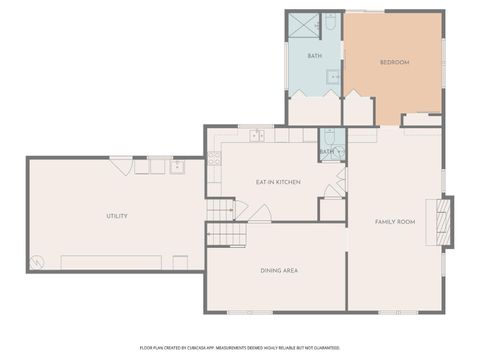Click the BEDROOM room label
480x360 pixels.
coord(394,63)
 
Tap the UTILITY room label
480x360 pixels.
coord(117,216)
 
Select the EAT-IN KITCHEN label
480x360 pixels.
coord(278,182)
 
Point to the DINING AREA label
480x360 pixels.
coord(278,270)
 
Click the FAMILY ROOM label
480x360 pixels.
coord(394,221)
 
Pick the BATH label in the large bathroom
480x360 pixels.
coord(314,56)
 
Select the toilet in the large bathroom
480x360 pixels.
coord(331,22)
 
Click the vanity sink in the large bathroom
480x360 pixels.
coord(334,76)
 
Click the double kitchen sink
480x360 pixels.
coord(256,134)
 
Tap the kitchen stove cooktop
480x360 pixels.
coord(214,158)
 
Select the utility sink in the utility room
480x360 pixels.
coord(177,166)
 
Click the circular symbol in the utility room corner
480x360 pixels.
coord(37,262)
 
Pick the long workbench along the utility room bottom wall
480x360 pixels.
coord(111,262)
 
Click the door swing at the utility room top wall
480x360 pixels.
coord(122,166)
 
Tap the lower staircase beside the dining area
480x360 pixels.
coord(226,234)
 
